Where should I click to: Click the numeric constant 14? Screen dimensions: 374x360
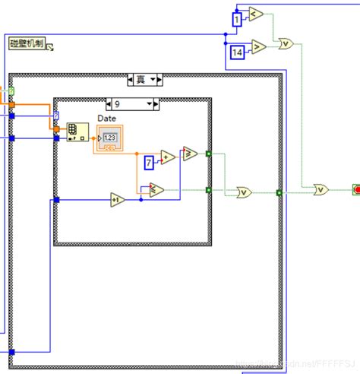tap(238, 52)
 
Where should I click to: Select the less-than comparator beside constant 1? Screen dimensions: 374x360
tap(256, 14)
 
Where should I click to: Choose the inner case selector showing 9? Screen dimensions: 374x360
tap(132, 103)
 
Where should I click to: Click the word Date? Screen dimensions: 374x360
tap(107, 119)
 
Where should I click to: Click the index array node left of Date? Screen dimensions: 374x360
tap(77, 132)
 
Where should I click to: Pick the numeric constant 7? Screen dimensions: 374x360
tap(149, 161)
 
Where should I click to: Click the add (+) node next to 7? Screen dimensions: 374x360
tap(167, 157)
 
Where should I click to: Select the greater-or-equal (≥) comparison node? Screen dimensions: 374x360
tap(190, 154)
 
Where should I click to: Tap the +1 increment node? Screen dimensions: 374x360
tap(117, 199)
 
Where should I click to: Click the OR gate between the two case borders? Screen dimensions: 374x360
tap(245, 192)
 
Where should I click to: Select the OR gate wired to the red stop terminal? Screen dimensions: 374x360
tap(323, 188)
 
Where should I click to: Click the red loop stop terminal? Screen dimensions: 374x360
tap(355, 188)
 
